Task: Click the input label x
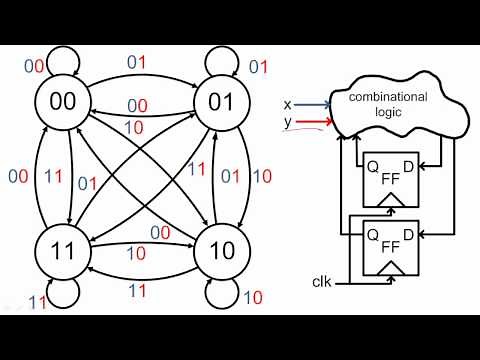(288, 103)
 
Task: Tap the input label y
(288, 122)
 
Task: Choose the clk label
(320, 284)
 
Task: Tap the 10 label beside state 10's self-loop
(252, 297)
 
